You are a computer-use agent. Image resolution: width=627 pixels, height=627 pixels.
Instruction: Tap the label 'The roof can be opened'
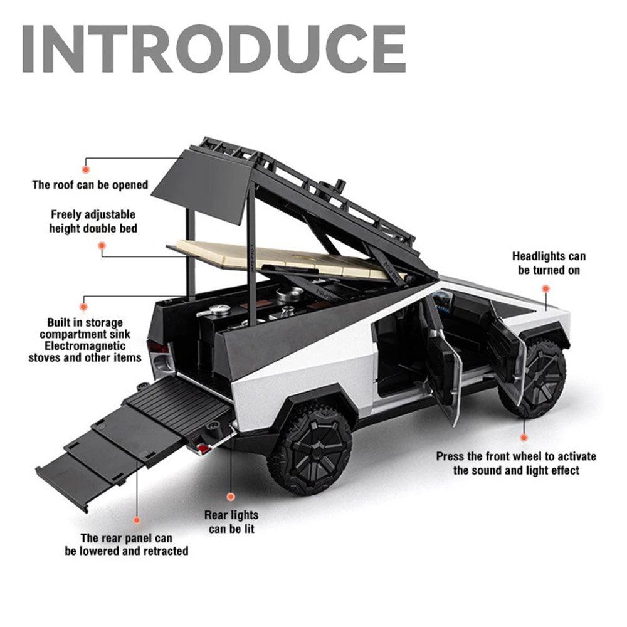click(90, 185)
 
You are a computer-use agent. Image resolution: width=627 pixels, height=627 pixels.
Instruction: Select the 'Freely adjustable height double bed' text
click(93, 222)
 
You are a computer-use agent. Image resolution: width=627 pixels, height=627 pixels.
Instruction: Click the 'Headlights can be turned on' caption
click(549, 263)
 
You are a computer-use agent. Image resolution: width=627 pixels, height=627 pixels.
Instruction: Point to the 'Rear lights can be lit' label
click(231, 522)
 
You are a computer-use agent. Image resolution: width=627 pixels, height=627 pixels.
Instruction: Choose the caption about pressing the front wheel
click(516, 463)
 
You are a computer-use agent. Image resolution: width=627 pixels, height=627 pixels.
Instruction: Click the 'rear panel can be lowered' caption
click(127, 544)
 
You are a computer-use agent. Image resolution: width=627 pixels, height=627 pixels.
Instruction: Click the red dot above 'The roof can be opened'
click(87, 168)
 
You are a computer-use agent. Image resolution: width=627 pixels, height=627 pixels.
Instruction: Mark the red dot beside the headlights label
click(545, 289)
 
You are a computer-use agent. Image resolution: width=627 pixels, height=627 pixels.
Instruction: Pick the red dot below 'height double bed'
click(102, 246)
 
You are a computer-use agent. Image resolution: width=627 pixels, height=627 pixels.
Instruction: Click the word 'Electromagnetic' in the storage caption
click(85, 346)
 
